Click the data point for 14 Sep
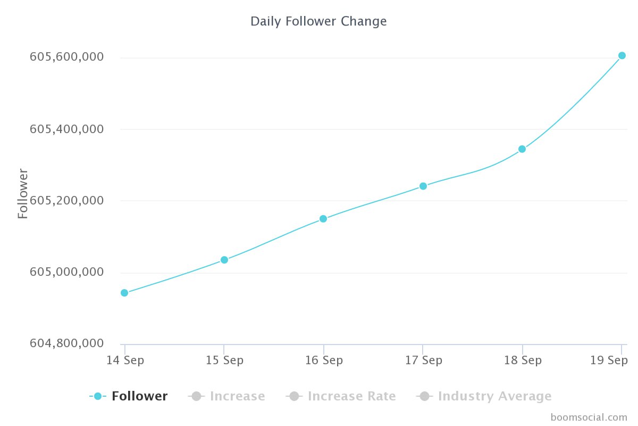pos(124,293)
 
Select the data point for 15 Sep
pos(224,260)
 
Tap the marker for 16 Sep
pos(323,219)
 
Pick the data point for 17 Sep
pos(423,186)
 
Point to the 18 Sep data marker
pos(522,149)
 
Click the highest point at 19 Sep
pos(622,55)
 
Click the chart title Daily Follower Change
pos(318,21)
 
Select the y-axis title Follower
pos(23,193)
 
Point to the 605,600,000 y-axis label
pos(66,57)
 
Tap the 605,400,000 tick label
pos(66,129)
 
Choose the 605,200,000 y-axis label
pos(66,201)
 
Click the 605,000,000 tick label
pos(66,272)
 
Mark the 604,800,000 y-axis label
pos(66,344)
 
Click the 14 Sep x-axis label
pos(125,361)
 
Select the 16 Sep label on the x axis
pos(324,361)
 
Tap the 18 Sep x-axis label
pos(523,361)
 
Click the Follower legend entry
pos(139,396)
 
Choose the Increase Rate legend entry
pos(351,396)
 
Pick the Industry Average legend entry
pos(494,396)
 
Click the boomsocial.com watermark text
pos(589,417)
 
